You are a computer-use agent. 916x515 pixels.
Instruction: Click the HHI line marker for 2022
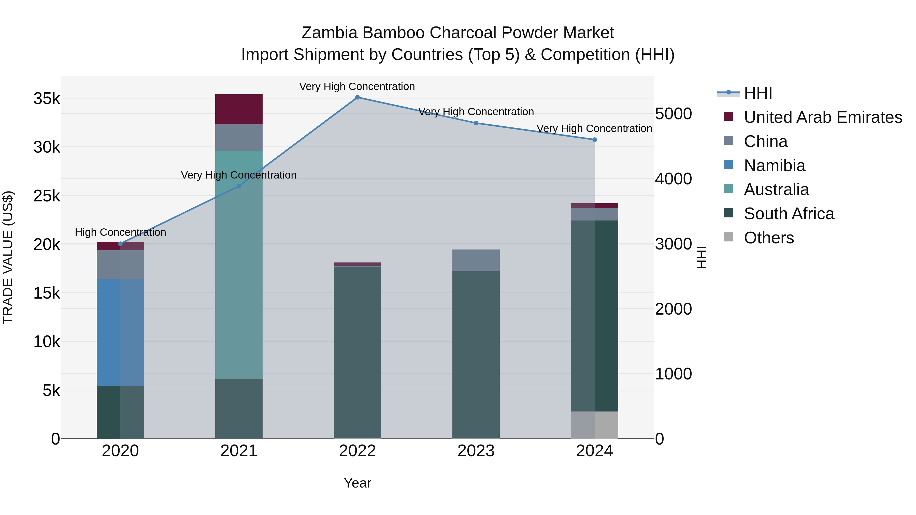(357, 97)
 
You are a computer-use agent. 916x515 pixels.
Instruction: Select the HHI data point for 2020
(120, 244)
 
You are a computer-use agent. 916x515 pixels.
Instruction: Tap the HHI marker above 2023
(476, 123)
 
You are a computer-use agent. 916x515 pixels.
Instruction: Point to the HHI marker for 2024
(595, 140)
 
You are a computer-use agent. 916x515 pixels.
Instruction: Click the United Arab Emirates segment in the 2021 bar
(239, 109)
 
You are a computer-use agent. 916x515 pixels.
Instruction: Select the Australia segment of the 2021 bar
(239, 265)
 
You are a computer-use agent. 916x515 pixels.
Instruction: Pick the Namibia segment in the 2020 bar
(120, 332)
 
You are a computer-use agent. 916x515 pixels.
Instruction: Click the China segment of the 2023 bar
(476, 260)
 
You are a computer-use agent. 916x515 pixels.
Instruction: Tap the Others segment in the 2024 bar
(595, 425)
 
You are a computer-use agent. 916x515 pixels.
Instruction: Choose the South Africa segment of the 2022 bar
(357, 352)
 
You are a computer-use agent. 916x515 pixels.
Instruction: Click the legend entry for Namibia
(774, 166)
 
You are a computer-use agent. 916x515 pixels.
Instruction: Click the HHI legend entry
(758, 93)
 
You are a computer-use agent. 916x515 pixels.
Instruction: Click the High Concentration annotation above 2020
(120, 232)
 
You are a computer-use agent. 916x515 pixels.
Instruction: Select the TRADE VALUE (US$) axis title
(8, 257)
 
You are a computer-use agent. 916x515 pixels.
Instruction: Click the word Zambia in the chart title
(329, 33)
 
